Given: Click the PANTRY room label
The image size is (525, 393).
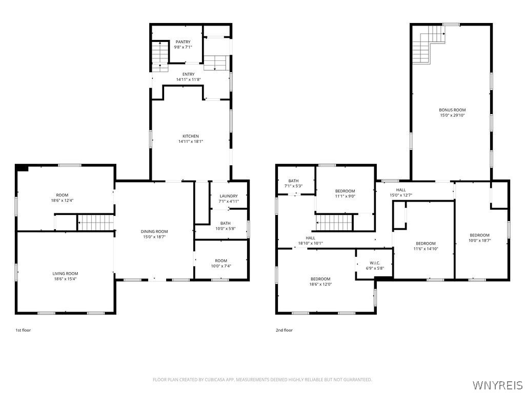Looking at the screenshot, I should pyautogui.click(x=183, y=42).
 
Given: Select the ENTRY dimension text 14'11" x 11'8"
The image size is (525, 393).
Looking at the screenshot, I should pyautogui.click(x=188, y=79).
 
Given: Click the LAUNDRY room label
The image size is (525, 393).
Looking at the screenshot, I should pyautogui.click(x=228, y=196).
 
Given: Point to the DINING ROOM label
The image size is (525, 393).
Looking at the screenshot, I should pyautogui.click(x=154, y=232).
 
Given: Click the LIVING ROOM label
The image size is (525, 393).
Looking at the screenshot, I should pyautogui.click(x=65, y=274).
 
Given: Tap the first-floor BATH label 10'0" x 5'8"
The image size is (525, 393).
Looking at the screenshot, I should pyautogui.click(x=225, y=223).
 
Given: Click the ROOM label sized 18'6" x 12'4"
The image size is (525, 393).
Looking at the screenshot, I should pyautogui.click(x=62, y=195).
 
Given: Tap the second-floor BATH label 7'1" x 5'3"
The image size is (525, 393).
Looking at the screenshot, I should pyautogui.click(x=293, y=181).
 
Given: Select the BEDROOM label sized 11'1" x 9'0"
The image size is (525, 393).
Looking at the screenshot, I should pyautogui.click(x=345, y=191).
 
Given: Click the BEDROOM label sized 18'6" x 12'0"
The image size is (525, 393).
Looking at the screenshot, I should pyautogui.click(x=320, y=279).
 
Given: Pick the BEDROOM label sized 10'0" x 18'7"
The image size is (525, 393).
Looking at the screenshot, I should pyautogui.click(x=479, y=235).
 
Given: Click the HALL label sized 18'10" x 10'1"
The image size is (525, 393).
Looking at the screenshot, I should pyautogui.click(x=311, y=238).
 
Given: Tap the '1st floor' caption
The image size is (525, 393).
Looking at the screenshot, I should pyautogui.click(x=23, y=331).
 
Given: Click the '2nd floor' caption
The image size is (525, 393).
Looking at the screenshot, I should pyautogui.click(x=284, y=331).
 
